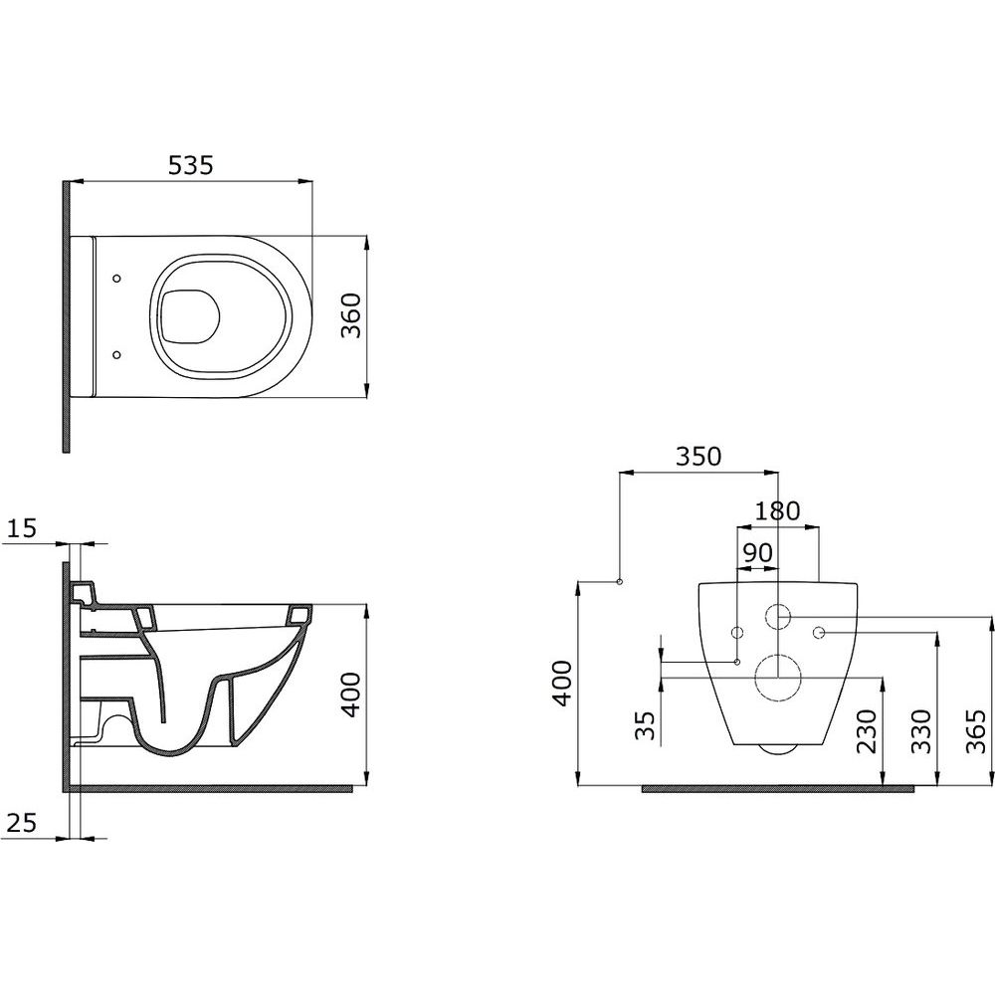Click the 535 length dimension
click(190, 165)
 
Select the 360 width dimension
click(351, 315)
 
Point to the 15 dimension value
click(23, 528)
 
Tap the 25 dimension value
click(22, 823)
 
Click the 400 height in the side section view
click(351, 695)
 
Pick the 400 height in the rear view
click(562, 683)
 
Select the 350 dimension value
click(698, 457)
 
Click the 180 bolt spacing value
click(777, 510)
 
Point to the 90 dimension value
click(757, 552)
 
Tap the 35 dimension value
click(644, 725)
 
